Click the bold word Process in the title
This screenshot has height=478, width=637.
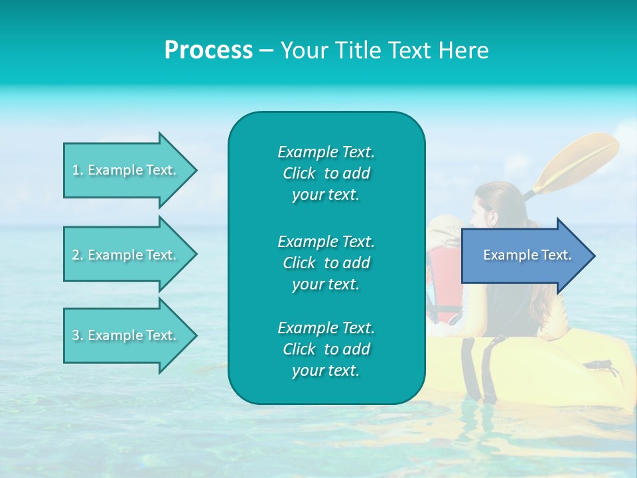[x=208, y=50]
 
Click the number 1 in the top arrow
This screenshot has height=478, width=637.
[x=76, y=170]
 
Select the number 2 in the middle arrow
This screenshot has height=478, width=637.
[x=76, y=255]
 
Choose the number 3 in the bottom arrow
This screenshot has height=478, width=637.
[x=76, y=335]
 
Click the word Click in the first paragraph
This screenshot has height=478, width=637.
[x=299, y=173]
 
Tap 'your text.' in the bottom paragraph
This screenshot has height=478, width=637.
[x=326, y=370]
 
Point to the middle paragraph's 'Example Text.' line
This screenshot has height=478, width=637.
[x=326, y=242]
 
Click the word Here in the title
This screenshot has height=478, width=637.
[x=464, y=50]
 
